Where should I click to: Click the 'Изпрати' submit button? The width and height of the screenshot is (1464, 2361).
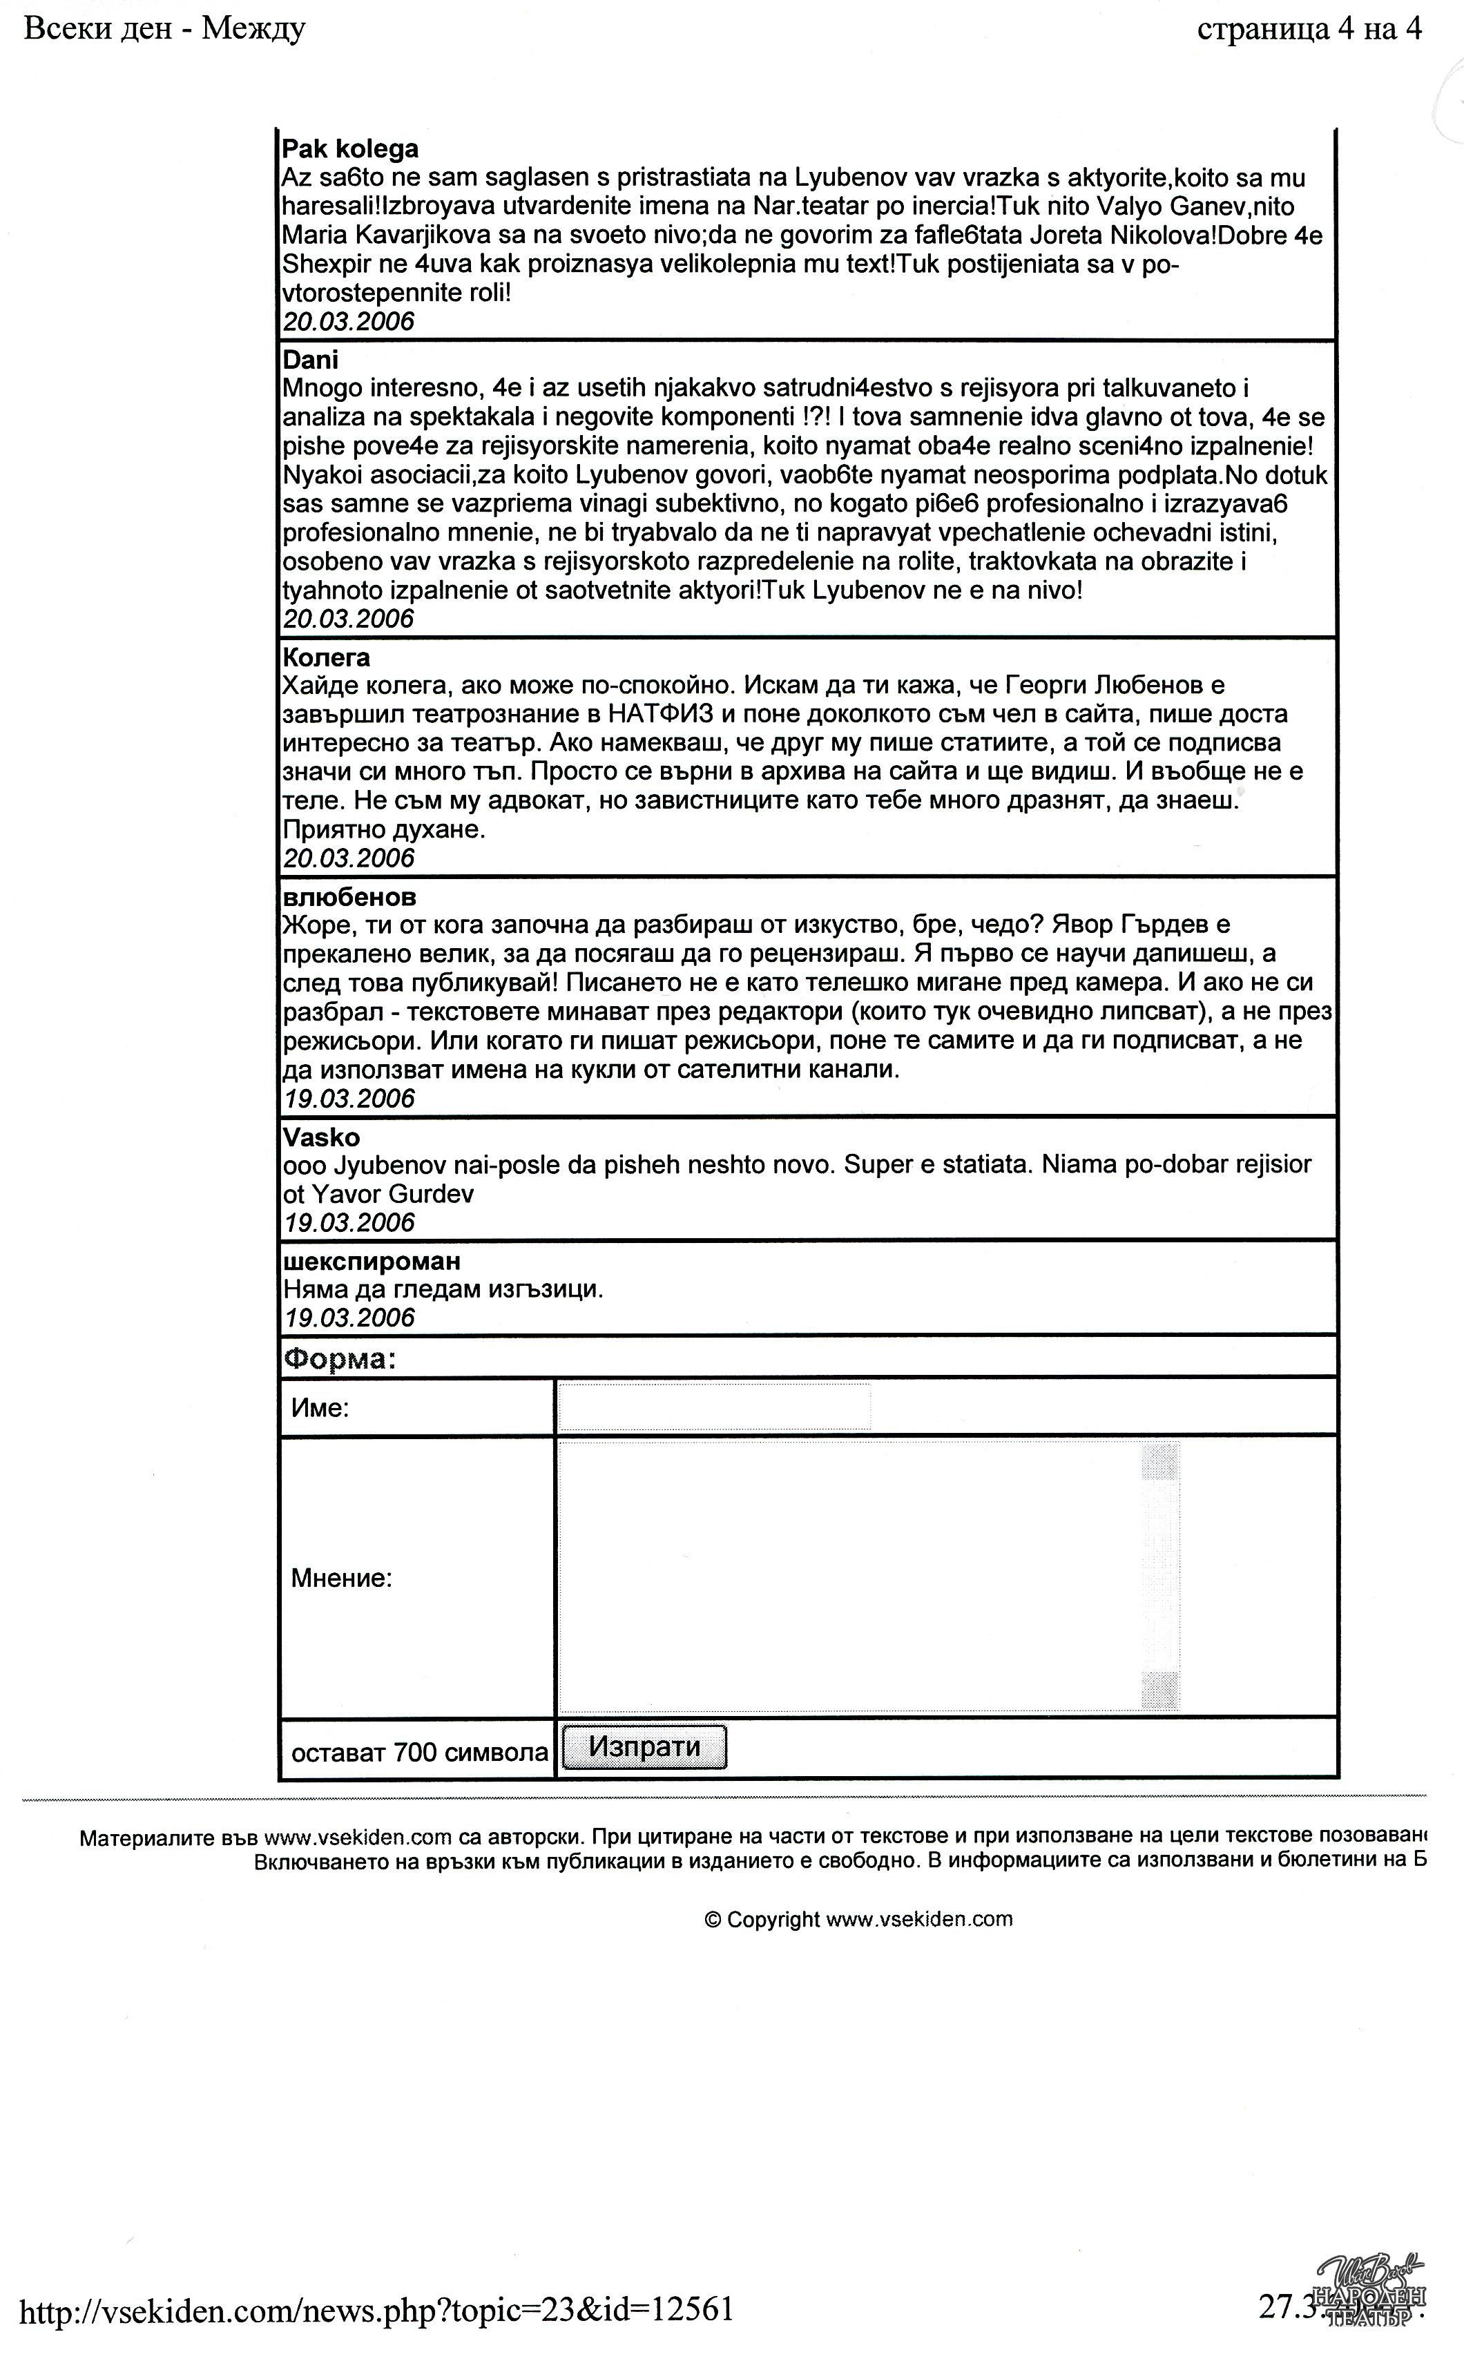coord(644,1747)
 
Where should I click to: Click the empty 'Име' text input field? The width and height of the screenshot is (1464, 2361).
coord(715,1407)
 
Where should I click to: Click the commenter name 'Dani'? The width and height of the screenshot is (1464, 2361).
coord(311,360)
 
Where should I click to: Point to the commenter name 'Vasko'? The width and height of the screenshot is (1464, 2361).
coord(322,1137)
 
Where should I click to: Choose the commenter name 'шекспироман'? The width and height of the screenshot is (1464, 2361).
coord(372,1262)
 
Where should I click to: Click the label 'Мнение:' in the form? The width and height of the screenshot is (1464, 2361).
coord(342,1579)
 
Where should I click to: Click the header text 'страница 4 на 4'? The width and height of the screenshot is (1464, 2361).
coord(1309,30)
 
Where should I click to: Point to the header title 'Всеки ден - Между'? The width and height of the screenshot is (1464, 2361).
coord(164,30)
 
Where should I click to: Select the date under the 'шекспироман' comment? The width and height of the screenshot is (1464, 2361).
coord(349,1318)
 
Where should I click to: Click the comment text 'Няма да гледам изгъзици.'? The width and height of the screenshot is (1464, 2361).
coord(443,1289)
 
